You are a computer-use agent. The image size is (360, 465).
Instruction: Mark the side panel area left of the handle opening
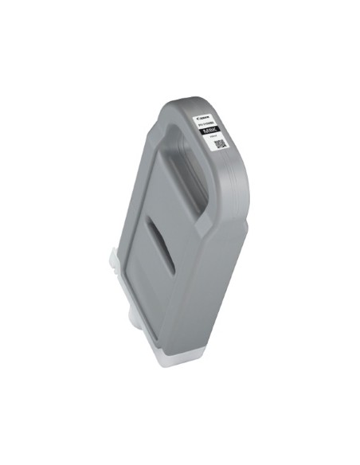(147, 183)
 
